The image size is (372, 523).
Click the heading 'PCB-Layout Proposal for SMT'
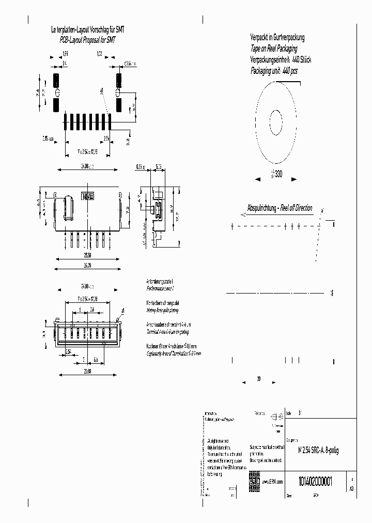(88, 39)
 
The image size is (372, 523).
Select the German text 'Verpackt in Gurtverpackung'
(277, 38)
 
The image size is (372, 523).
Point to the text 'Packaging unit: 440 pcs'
(274, 71)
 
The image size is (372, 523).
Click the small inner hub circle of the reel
(275, 123)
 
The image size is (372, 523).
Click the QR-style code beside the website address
(254, 478)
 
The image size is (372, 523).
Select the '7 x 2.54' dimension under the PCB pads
(87, 151)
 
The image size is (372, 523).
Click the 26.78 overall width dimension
(87, 266)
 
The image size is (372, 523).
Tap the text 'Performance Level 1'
(160, 286)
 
